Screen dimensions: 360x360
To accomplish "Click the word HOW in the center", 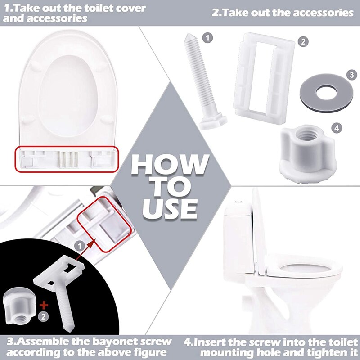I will (x=170, y=165).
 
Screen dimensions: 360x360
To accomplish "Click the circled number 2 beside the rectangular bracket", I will (x=304, y=42).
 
